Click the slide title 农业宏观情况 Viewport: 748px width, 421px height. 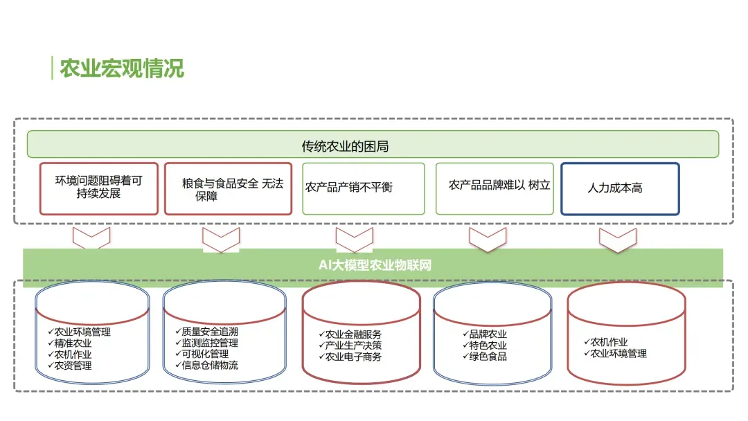pos(122,69)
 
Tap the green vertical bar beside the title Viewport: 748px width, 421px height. pos(52,69)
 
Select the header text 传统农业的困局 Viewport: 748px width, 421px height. pos(344,146)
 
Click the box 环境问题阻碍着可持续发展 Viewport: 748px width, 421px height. pos(99,188)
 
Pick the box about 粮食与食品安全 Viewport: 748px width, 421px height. pos(228,188)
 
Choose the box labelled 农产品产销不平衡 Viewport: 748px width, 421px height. pos(363,188)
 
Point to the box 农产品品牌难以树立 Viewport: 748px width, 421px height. pos(495,188)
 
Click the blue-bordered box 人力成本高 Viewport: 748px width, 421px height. pos(619,188)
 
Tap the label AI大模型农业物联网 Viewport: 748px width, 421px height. pos(375,265)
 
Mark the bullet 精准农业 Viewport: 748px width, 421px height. pos(73,343)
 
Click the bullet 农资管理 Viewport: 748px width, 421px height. pos(73,365)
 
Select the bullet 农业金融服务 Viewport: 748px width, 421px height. pos(353,334)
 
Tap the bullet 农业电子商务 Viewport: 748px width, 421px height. pos(353,357)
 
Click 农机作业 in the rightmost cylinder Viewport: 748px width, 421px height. pos(609,342)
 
